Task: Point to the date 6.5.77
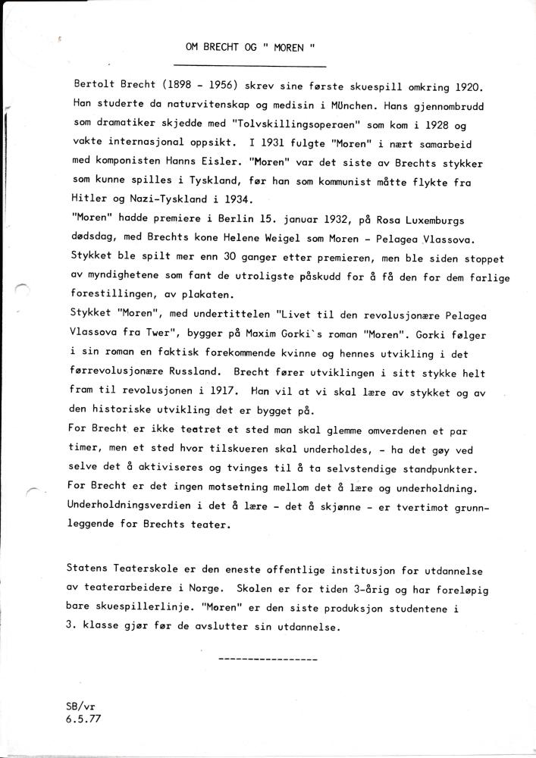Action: [x=83, y=723]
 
